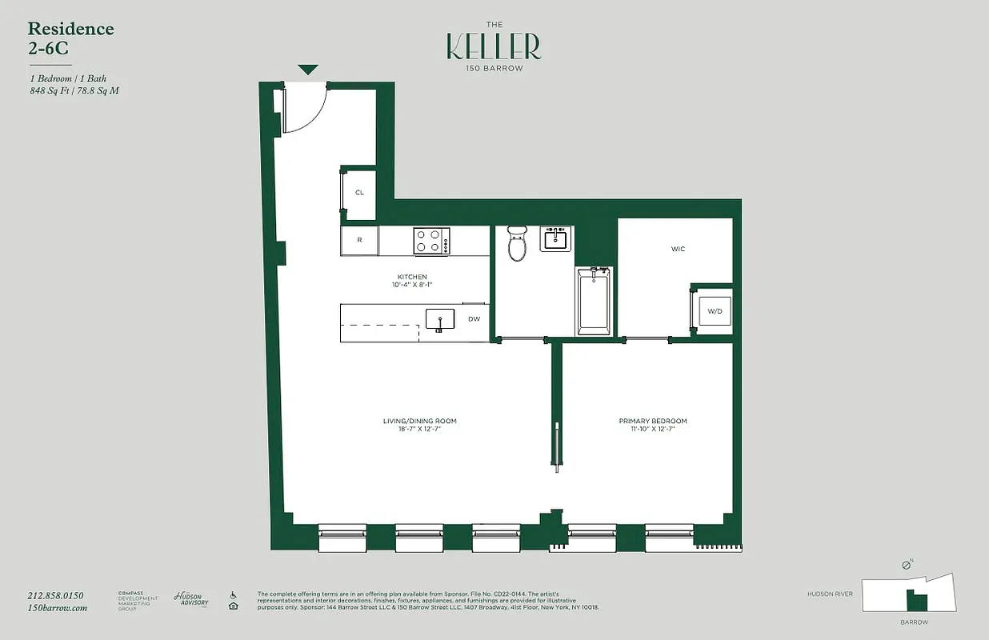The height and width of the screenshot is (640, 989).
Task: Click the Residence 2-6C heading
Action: pos(70,38)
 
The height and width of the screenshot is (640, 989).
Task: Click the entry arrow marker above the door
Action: pos(309,70)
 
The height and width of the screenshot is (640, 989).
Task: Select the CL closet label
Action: pos(359,193)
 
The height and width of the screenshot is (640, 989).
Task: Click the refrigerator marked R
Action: pos(359,240)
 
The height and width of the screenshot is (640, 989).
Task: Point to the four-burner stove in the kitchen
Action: pos(431,241)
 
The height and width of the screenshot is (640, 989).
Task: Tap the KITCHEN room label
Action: pos(412,277)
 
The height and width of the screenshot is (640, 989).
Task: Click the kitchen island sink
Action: pos(439,321)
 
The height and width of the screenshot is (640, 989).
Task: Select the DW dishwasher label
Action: pos(474,319)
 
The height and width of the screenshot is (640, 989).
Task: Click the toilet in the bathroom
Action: pos(518,243)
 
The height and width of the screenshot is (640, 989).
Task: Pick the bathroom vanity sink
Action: pos(556,238)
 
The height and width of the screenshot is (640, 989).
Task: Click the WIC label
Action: pos(678,249)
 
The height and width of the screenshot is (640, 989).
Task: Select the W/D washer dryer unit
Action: pos(715,310)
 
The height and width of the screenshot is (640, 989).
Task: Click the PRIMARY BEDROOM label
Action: pos(652,421)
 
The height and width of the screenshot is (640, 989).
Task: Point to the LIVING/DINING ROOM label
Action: pos(419,421)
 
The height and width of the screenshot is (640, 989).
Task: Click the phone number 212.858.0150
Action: pos(56,595)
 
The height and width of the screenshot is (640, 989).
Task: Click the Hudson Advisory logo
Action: pos(191,599)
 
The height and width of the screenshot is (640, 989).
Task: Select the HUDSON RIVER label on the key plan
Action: pos(830,594)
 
